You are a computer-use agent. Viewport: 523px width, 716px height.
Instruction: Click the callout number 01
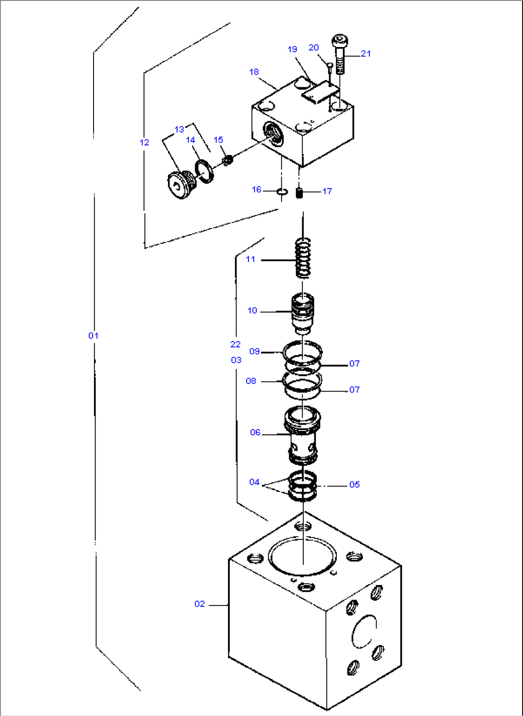coord(93,335)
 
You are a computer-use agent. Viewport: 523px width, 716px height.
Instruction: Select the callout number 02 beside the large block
coord(200,604)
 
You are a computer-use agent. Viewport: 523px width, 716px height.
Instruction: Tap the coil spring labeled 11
coord(303,258)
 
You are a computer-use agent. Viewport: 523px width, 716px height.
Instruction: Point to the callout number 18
coord(254,72)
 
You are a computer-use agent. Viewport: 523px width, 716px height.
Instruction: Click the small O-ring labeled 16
coord(282,192)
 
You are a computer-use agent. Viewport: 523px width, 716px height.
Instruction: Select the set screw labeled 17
coord(299,192)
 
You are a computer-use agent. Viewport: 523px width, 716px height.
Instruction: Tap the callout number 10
coord(252,310)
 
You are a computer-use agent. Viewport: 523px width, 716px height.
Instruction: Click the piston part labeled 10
coord(303,313)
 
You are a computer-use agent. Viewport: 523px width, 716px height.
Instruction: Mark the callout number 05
coord(354,484)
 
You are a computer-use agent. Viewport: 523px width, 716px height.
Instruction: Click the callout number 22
coord(235,344)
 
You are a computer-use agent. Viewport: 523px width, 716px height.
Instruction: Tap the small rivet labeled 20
coord(330,66)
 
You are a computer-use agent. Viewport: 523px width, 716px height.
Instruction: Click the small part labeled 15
coord(228,159)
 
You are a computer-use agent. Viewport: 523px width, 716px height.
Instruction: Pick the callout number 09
coord(254,351)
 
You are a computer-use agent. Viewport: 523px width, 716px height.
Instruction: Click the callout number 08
coord(251,381)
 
